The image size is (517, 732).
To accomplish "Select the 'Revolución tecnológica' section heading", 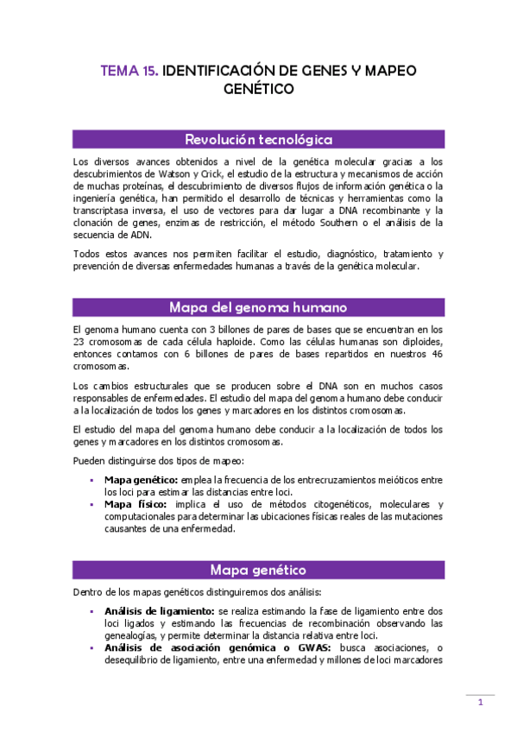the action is click(259, 140).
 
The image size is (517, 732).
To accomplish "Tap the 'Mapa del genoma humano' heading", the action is click(259, 307).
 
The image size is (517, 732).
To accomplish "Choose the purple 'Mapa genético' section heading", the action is click(259, 570).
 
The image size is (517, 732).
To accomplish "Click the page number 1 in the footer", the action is click(480, 704).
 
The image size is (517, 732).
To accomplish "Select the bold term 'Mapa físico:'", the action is click(134, 504).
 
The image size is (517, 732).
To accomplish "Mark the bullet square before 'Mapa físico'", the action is click(91, 504).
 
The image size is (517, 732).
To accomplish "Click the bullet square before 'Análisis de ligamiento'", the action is click(91, 611).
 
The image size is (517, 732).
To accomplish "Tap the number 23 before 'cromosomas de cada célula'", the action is click(79, 342).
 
